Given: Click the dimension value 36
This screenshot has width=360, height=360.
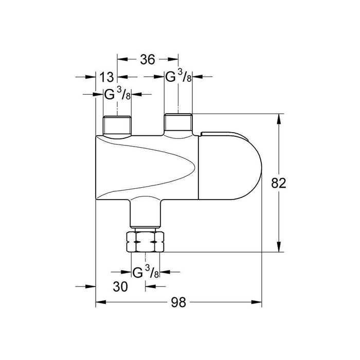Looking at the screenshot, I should [x=147, y=60].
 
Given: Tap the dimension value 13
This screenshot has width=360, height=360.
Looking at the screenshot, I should [x=106, y=77].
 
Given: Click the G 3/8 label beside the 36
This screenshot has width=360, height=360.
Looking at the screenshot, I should [x=177, y=77].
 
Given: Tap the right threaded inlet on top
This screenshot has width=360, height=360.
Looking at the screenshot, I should [x=177, y=122].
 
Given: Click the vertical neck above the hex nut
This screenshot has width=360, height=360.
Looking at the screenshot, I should [x=146, y=213].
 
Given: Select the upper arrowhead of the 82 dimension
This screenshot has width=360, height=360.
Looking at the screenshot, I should [x=279, y=117].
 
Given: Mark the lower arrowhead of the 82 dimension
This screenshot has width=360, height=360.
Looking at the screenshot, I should [x=279, y=248].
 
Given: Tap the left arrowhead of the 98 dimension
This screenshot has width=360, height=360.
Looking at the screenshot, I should [x=100, y=303].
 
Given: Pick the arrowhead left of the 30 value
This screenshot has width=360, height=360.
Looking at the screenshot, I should [x=92, y=286].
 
